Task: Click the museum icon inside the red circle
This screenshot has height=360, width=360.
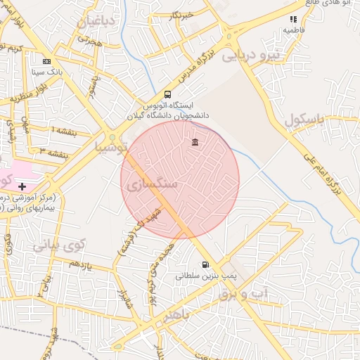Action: point(195,143)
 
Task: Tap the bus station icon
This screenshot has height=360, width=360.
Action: point(167,94)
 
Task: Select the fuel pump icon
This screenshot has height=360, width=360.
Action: point(205,265)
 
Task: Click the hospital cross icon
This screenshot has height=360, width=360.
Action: point(22,186)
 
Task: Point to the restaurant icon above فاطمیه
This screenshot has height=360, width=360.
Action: point(293,20)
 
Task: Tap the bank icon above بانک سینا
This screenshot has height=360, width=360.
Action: point(46,61)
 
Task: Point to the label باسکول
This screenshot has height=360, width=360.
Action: point(304,120)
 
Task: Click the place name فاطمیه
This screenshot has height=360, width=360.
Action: point(292,31)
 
